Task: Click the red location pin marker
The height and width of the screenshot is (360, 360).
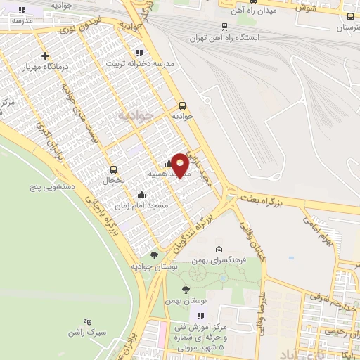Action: tap(181, 165)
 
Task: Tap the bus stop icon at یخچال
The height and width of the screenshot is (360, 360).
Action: tap(113, 169)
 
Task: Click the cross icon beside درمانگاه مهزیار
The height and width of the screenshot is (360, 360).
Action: tap(46, 56)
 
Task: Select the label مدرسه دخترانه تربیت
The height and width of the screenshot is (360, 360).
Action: tap(140, 63)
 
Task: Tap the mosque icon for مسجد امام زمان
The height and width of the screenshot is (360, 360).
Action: tap(142, 194)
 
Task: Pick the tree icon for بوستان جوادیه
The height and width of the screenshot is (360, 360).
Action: tap(154, 255)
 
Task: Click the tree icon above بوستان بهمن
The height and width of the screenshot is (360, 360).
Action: tap(186, 289)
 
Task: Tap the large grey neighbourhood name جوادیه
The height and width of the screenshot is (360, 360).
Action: tap(134, 115)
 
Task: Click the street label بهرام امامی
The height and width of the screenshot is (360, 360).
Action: tap(321, 225)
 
